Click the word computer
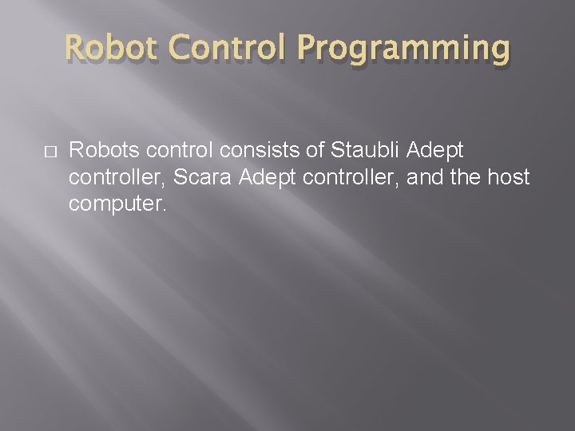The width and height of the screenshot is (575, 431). point(115,204)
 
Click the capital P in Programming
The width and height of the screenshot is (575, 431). point(309,49)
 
